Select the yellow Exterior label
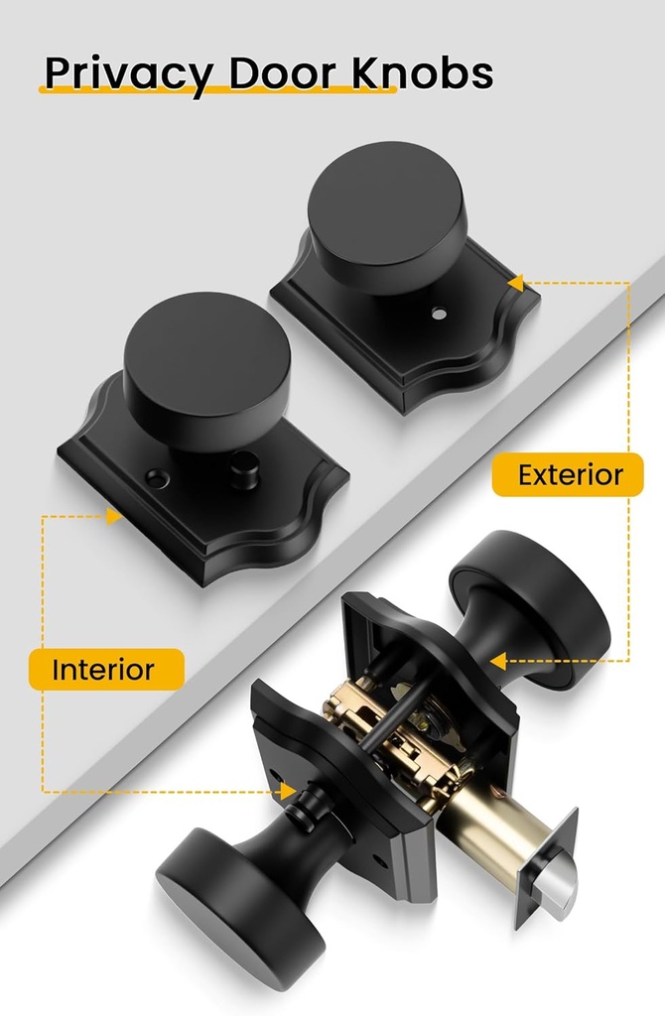coord(570,474)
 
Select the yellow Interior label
coord(103,669)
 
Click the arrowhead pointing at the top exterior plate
coord(516,284)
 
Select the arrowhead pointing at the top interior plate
coord(113,516)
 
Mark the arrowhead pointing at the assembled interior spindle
coord(289,791)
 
